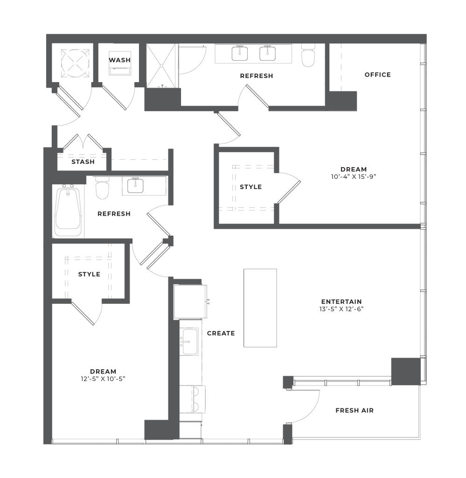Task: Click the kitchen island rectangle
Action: pyautogui.click(x=260, y=308)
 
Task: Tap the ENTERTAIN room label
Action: pyautogui.click(x=341, y=302)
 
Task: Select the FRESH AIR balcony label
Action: pyautogui.click(x=355, y=411)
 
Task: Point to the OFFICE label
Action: pyautogui.click(x=377, y=75)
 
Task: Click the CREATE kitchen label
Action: pyautogui.click(x=220, y=333)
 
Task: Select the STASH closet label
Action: pyautogui.click(x=83, y=163)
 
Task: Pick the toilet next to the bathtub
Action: pyautogui.click(x=102, y=190)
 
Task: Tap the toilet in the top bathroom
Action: pyautogui.click(x=308, y=57)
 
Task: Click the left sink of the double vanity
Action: pyautogui.click(x=240, y=54)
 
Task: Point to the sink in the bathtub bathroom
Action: pyautogui.click(x=135, y=186)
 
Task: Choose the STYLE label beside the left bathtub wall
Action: pyautogui.click(x=89, y=274)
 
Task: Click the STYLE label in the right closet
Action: pyautogui.click(x=251, y=187)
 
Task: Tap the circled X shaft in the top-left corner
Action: pyautogui.click(x=74, y=63)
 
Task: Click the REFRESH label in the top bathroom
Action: pyautogui.click(x=256, y=76)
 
